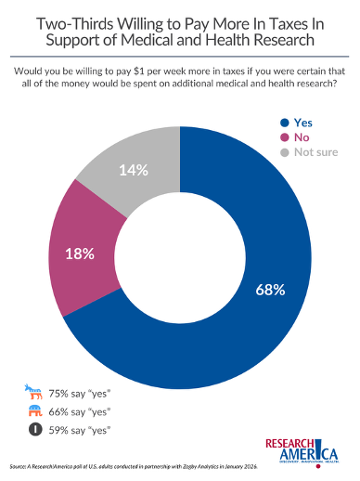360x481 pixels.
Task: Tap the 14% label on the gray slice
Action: click(133, 171)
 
